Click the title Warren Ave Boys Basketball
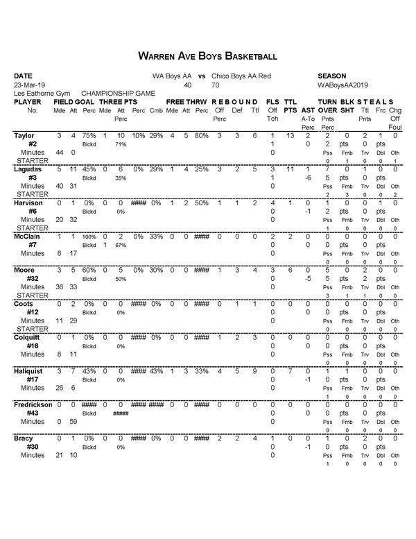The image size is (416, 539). point(208,55)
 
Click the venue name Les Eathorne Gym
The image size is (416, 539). point(39,93)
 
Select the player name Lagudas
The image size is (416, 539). point(29,169)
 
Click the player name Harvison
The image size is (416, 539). point(30,203)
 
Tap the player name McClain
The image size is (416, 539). point(28,236)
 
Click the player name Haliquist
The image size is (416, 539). point(30,371)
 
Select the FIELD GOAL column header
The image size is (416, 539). point(74,102)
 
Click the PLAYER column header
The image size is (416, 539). point(28,102)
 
